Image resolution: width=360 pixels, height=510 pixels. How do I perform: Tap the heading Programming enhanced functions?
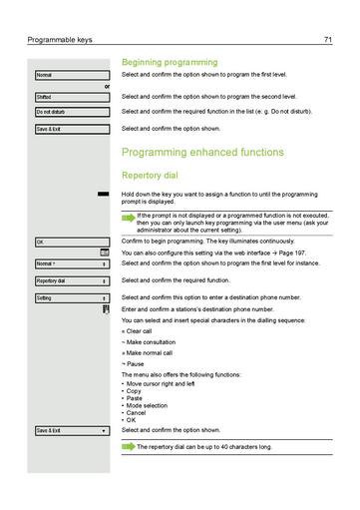(201, 153)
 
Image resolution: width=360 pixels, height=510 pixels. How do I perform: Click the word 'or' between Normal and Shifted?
(107, 86)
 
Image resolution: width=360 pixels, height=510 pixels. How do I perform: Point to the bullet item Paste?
(135, 396)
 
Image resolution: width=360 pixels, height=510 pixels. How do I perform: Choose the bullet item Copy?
(135, 389)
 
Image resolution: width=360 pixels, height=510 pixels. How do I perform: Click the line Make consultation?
(150, 341)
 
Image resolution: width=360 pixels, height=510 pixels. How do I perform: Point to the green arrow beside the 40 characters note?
(127, 446)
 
